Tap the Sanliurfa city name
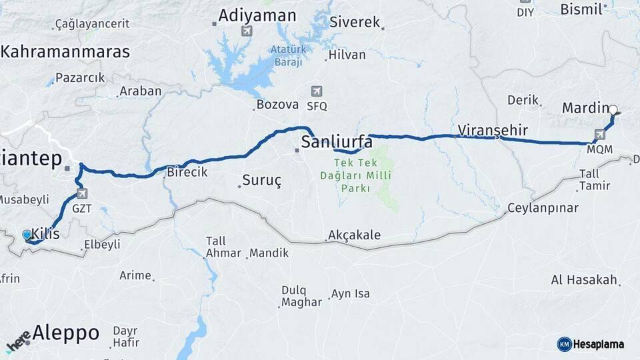point(337,141)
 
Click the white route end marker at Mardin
point(613,110)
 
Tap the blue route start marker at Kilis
point(27,235)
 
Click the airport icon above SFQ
point(317,92)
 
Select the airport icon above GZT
point(82,194)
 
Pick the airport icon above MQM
point(600,135)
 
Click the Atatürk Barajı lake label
point(287,55)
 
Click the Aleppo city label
point(66,332)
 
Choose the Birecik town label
point(187,172)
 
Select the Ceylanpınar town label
point(543,207)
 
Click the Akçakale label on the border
point(354,235)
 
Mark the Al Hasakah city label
point(585,280)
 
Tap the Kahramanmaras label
point(65,51)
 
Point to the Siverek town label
point(355,22)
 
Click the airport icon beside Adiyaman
point(247,31)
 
